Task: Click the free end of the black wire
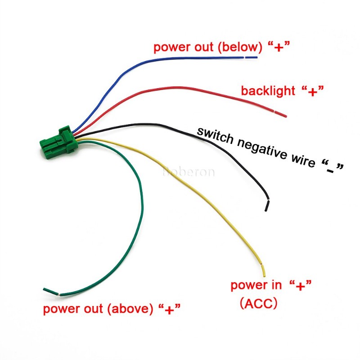[267, 208]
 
